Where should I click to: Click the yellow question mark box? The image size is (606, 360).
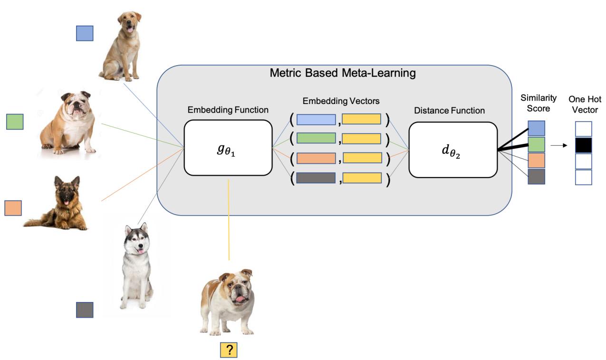[x=229, y=350]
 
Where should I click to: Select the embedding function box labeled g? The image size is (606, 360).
[x=228, y=147]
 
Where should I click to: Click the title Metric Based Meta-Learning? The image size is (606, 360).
[x=342, y=73]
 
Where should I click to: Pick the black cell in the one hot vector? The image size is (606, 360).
[x=583, y=145]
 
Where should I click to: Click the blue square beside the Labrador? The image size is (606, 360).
[x=85, y=33]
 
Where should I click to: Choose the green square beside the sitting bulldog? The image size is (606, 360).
[x=15, y=122]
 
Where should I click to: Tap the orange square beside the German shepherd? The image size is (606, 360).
[x=13, y=208]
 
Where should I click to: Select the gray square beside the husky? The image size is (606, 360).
[x=85, y=310]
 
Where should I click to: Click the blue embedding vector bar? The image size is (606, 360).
[x=316, y=119]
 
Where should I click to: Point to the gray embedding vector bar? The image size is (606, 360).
[x=316, y=178]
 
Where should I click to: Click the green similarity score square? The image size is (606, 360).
[x=536, y=144]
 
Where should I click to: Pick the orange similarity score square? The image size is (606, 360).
[x=536, y=160]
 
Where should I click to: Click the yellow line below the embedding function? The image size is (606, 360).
[x=229, y=218]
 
